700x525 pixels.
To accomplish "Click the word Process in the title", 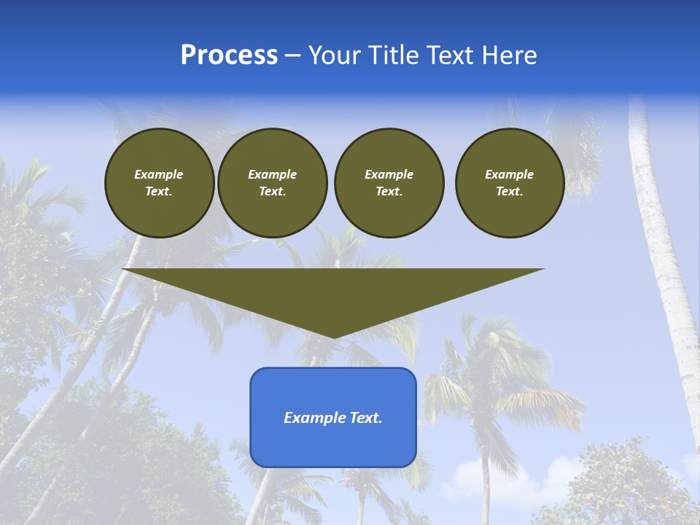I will (x=229, y=55).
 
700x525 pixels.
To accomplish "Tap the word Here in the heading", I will (x=508, y=55).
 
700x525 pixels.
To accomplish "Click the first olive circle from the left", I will (x=159, y=183).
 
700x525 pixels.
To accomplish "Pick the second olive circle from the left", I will (x=272, y=183).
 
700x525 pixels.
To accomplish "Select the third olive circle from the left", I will (x=389, y=183).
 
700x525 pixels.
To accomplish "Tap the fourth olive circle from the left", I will (x=509, y=183).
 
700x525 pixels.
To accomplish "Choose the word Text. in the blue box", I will (x=364, y=418).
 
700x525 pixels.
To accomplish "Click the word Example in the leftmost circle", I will (x=159, y=174).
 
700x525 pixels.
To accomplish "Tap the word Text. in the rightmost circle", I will (x=509, y=192).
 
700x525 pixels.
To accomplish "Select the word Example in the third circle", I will (x=389, y=174).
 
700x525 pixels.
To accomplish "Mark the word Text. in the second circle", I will (x=272, y=192).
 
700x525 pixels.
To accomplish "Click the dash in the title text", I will (x=293, y=55).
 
